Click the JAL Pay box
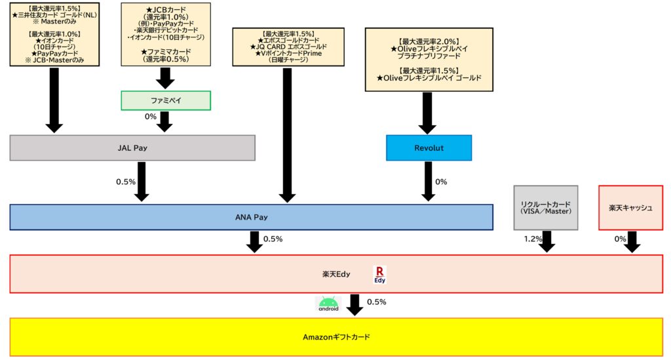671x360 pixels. click(132, 148)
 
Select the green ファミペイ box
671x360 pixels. click(165, 100)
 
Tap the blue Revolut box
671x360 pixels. click(429, 148)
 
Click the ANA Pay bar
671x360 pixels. click(251, 217)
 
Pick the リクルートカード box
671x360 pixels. click(545, 207)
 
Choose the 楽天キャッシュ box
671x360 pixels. click(631, 207)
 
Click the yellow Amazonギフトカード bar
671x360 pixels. click(336, 337)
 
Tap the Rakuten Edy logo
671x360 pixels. click(380, 273)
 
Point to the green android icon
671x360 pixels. click(328, 303)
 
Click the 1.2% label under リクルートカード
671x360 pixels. click(533, 239)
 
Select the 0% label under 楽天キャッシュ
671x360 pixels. click(620, 239)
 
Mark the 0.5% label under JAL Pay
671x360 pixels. click(126, 182)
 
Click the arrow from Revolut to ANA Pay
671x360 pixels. click(427, 182)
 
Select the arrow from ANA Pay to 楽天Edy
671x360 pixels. click(254, 242)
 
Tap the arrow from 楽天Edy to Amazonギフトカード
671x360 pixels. click(355, 304)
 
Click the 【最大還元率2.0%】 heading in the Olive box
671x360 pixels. click(428, 41)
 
